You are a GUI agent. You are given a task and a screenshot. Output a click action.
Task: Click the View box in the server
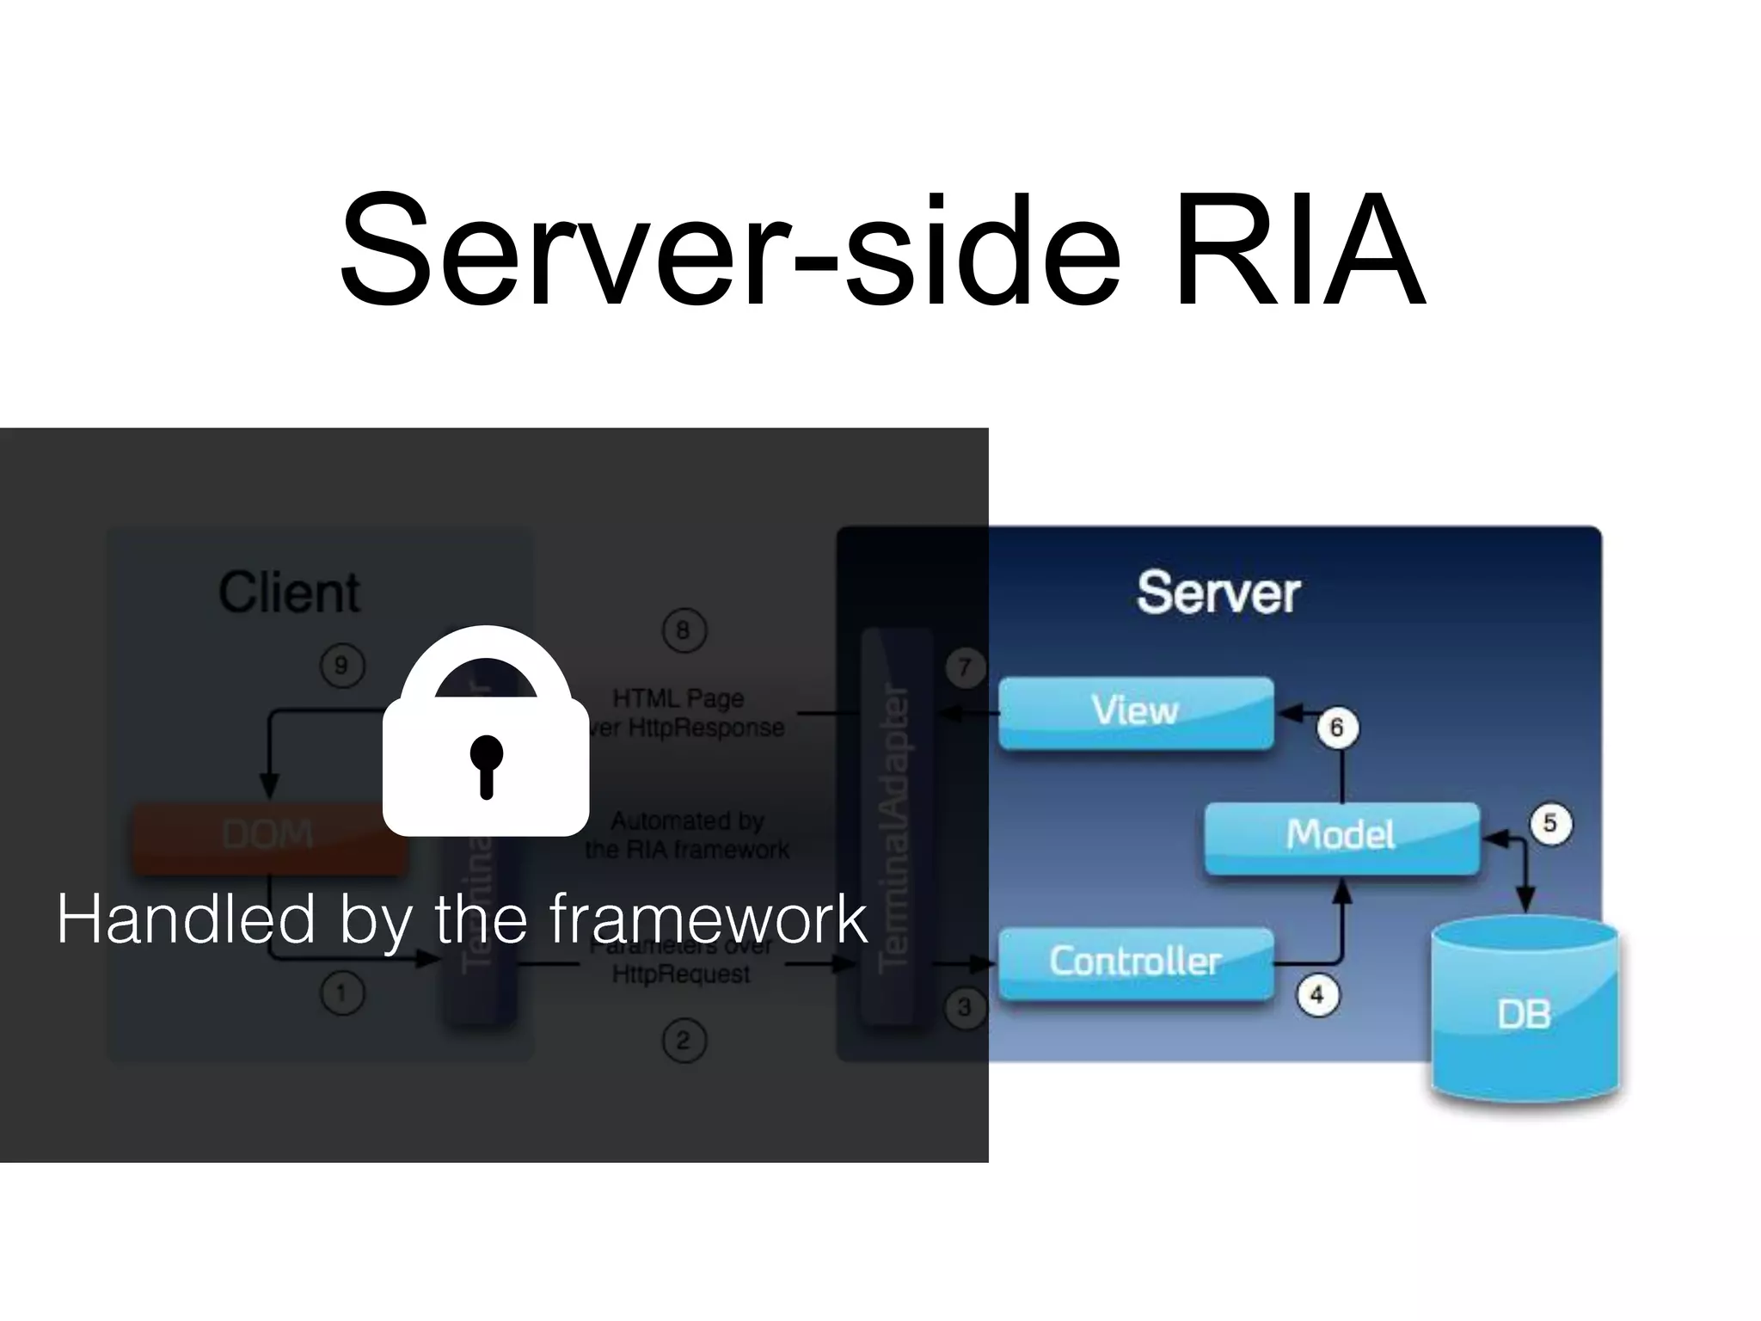coord(1135,712)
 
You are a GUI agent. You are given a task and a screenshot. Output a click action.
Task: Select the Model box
coord(1341,836)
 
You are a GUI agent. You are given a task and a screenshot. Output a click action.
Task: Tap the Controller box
coord(1135,962)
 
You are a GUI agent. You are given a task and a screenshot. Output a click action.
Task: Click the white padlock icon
coord(486,731)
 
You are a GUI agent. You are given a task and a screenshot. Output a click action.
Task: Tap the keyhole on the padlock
coord(486,761)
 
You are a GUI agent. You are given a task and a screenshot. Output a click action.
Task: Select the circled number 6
coord(1336,728)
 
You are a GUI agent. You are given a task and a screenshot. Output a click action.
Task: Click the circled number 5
coord(1550,824)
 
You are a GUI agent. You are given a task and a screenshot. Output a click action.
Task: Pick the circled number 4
coord(1316,995)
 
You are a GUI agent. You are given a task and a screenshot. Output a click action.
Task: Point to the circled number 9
coord(341,666)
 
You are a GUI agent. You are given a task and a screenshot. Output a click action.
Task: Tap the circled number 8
coord(684,630)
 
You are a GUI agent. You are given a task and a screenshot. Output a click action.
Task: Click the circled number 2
coord(684,1041)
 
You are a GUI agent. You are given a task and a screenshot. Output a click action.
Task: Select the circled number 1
coord(342,994)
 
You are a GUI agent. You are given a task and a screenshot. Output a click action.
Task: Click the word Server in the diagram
coord(1218,593)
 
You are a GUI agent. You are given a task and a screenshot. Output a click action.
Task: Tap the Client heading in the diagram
coord(289,593)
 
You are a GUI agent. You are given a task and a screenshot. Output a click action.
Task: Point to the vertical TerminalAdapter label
coord(894,826)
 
